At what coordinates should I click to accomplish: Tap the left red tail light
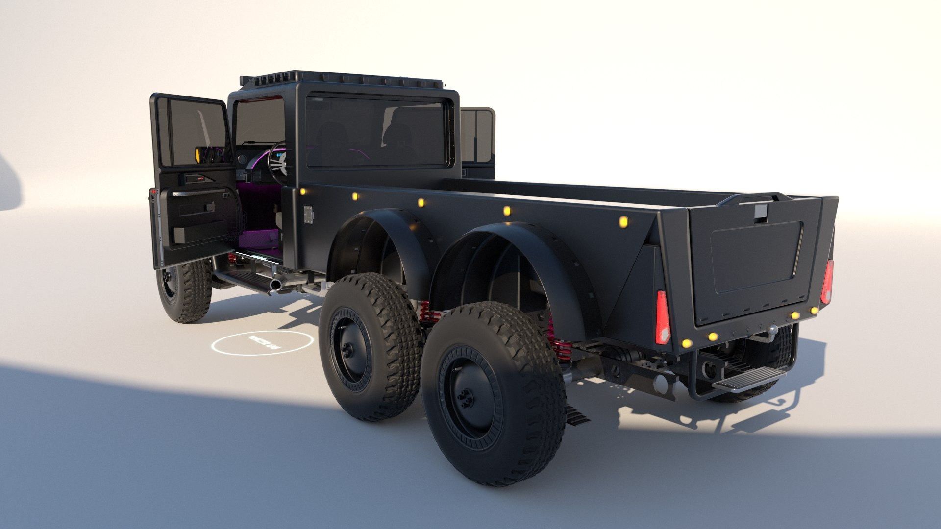(x=662, y=317)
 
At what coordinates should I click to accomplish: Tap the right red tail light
(x=827, y=282)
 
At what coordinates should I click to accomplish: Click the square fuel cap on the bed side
(x=308, y=215)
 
